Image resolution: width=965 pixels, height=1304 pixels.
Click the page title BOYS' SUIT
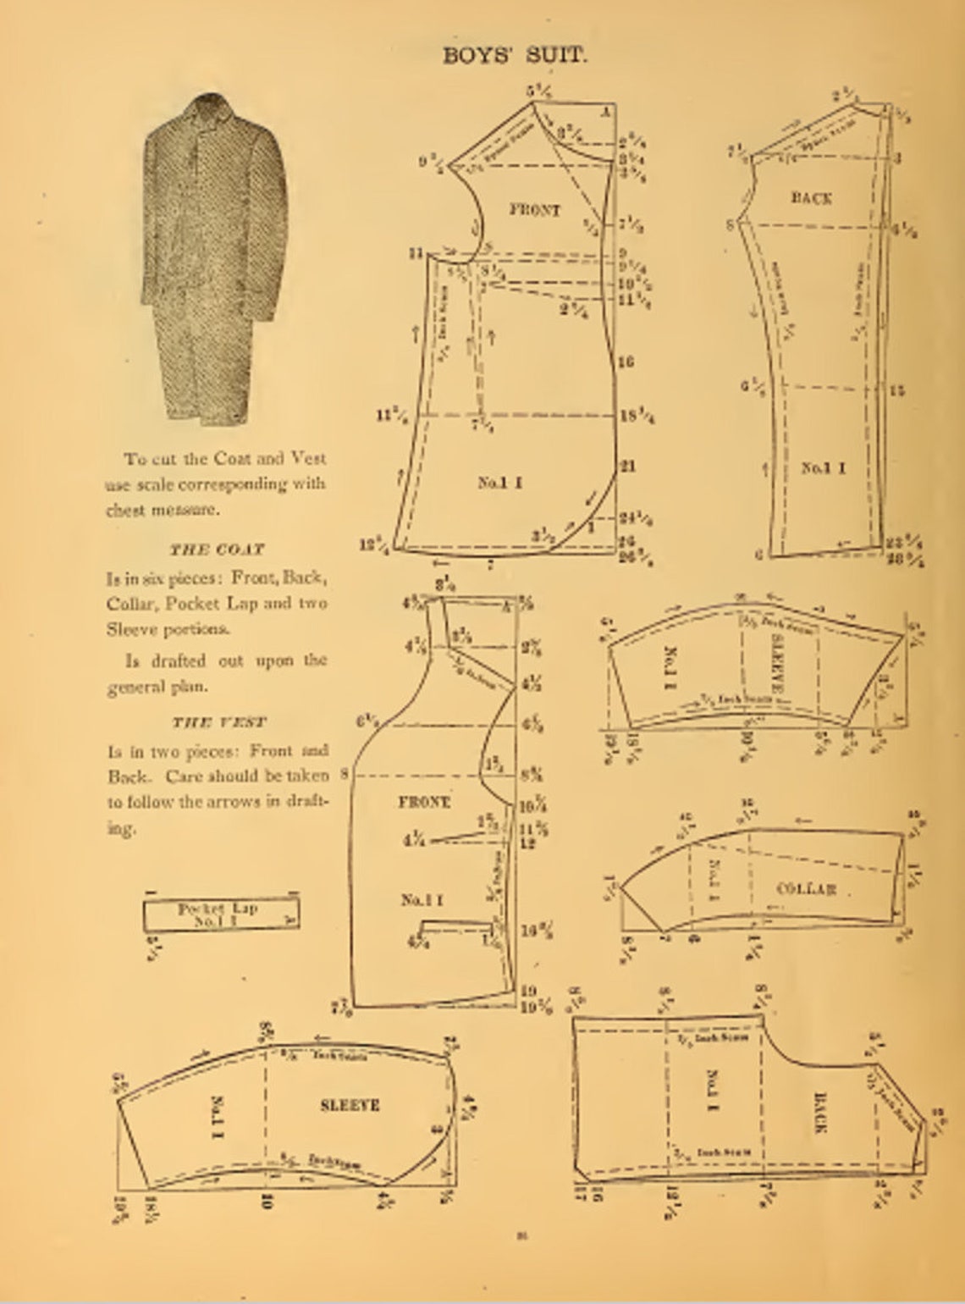coord(515,56)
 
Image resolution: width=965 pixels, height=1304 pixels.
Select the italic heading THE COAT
coord(217,550)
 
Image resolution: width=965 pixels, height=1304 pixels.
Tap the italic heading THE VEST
coord(218,722)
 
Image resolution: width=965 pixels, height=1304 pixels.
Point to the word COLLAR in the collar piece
coord(806,888)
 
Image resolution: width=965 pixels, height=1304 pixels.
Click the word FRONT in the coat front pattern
coord(534,209)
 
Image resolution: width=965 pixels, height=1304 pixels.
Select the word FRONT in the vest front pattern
coord(424,801)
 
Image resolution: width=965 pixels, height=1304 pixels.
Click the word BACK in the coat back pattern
coord(811,198)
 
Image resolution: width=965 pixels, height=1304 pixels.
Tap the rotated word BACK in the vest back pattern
coord(819,1113)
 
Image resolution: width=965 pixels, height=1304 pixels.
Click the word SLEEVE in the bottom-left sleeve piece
coord(350,1105)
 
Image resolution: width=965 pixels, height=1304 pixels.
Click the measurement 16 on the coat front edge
coord(626,362)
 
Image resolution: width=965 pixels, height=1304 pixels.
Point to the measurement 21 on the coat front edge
coord(627,466)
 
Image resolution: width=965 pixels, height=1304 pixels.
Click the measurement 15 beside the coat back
coord(897,390)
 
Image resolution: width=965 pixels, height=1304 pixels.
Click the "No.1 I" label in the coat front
coord(499,483)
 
